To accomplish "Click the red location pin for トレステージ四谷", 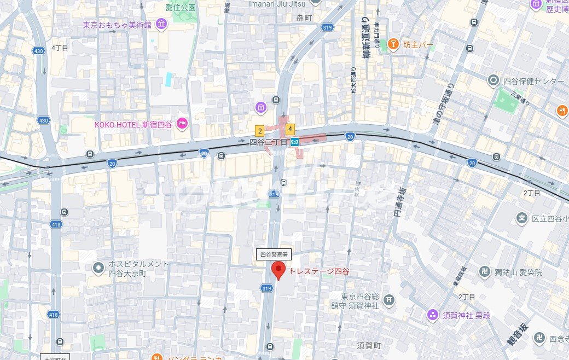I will click(279, 270).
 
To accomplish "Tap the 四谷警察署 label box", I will click(274, 254).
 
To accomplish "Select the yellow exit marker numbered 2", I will click(260, 131).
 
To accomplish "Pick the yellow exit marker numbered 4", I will click(290, 130).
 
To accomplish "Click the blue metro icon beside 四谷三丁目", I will click(295, 142).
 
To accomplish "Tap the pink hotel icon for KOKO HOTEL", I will click(182, 125).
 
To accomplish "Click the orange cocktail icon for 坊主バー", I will click(392, 44).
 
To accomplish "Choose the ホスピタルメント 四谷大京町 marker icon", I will click(98, 268).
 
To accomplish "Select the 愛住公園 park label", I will click(181, 8).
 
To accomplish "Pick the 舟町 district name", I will click(304, 18).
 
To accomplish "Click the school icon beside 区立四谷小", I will click(521, 219).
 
